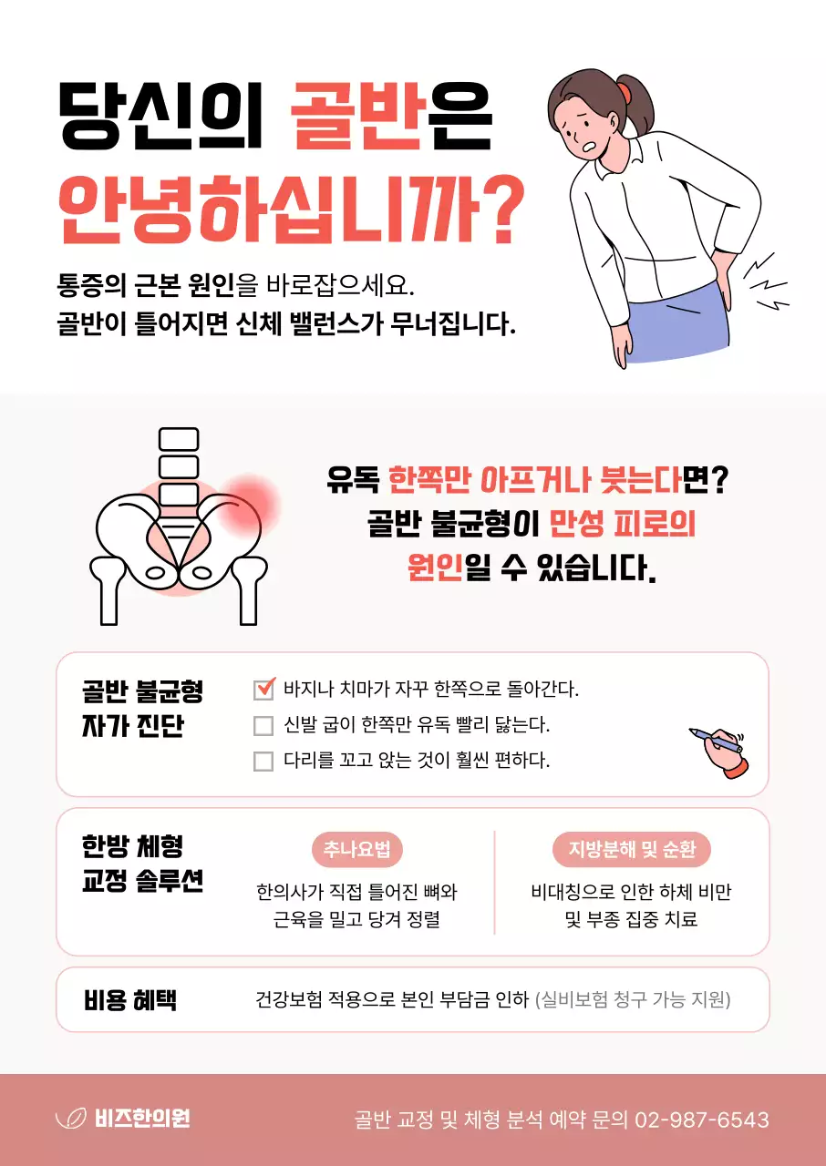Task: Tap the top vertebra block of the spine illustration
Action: pyautogui.click(x=179, y=438)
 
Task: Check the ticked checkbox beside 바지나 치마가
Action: pyautogui.click(x=263, y=689)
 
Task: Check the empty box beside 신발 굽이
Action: pyautogui.click(x=263, y=726)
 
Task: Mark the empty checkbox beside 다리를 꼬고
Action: pyautogui.click(x=263, y=761)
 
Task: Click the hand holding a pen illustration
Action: pyautogui.click(x=719, y=751)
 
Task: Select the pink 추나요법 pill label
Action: pyautogui.click(x=356, y=850)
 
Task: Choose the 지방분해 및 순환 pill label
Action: pyautogui.click(x=632, y=850)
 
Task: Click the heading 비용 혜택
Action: pyautogui.click(x=130, y=1000)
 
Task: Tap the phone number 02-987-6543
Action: pyautogui.click(x=701, y=1120)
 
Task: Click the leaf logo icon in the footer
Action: pyautogui.click(x=70, y=1120)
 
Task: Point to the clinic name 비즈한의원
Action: pyautogui.click(x=142, y=1120)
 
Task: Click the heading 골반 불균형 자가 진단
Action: pyautogui.click(x=142, y=710)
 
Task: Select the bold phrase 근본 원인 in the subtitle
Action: pyautogui.click(x=179, y=288)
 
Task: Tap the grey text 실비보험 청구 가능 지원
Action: pyautogui.click(x=633, y=1000)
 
